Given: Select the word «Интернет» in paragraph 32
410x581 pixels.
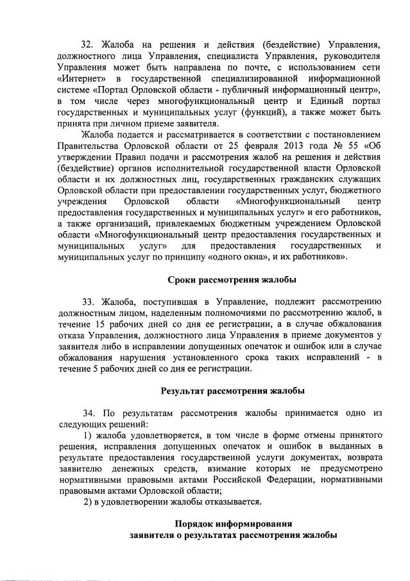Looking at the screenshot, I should (80, 78).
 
